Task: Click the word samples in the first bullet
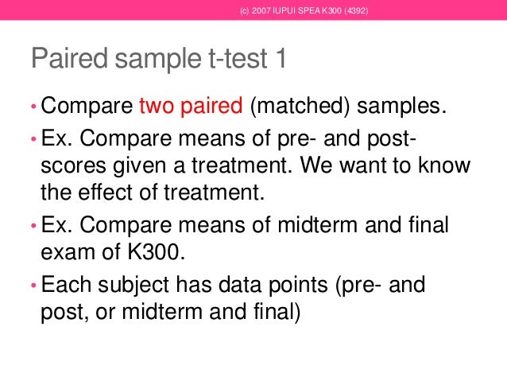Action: coord(403,106)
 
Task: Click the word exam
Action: coord(64,254)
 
